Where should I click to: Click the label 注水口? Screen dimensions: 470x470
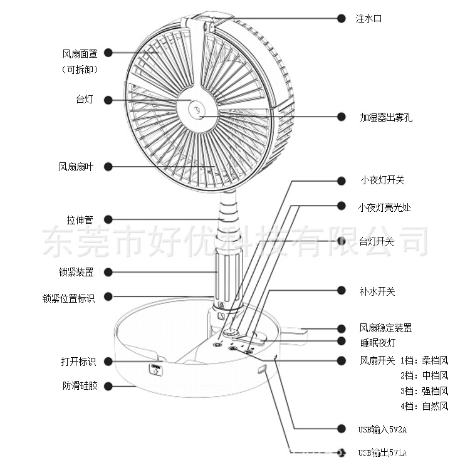(368, 19)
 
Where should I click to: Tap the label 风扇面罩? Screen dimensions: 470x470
(80, 55)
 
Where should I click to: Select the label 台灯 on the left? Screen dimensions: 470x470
(84, 99)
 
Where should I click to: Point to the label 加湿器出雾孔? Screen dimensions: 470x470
(386, 117)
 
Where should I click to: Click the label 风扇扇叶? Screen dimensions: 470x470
(76, 167)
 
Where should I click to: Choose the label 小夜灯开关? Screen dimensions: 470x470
(382, 180)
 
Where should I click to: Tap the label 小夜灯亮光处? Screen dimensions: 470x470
(384, 207)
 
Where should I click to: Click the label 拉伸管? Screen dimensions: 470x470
(80, 220)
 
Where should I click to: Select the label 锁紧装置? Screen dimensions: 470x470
(76, 272)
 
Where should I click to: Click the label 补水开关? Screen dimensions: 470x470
(377, 291)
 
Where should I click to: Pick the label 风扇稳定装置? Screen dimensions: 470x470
(385, 328)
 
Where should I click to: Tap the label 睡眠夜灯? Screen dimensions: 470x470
(378, 342)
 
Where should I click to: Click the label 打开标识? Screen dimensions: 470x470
(78, 362)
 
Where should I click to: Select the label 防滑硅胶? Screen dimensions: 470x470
(80, 386)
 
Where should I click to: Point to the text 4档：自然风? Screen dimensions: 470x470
(424, 406)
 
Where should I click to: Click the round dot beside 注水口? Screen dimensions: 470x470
(342, 19)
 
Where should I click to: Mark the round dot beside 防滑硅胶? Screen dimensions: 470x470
(108, 386)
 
